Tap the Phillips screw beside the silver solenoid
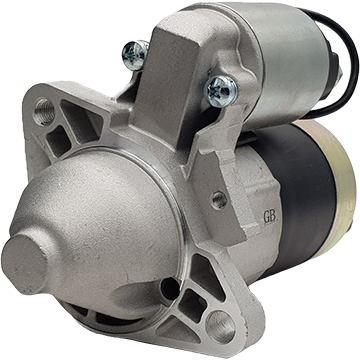point(221,90)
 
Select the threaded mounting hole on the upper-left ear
point(44,111)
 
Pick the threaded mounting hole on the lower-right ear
point(220,325)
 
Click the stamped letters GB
point(270,217)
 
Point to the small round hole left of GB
point(219,200)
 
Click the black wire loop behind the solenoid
point(340,63)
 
